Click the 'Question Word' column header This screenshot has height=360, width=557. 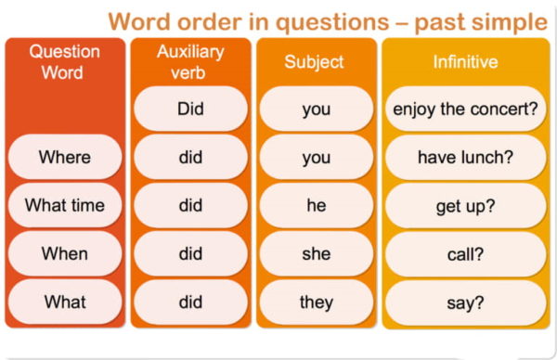[64, 62]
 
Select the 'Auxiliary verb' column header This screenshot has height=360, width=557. [190, 62]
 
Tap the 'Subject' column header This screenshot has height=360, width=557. [316, 62]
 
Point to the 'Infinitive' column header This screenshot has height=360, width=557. [464, 62]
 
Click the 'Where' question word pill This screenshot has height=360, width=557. [64, 157]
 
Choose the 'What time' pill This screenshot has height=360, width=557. [64, 205]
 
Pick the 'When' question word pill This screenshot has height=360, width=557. [64, 253]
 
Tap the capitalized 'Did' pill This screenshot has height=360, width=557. [190, 109]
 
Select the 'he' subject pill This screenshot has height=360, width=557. [316, 205]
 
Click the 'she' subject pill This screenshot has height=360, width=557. [316, 253]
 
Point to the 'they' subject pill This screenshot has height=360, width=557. [316, 302]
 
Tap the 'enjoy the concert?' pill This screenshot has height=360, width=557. [464, 109]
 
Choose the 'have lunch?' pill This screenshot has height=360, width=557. [464, 157]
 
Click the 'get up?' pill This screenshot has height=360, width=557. [464, 205]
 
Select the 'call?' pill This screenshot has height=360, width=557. [464, 253]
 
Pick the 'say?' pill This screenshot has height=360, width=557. [464, 302]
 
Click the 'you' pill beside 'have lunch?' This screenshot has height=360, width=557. [316, 157]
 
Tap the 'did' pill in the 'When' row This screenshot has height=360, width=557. [190, 253]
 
